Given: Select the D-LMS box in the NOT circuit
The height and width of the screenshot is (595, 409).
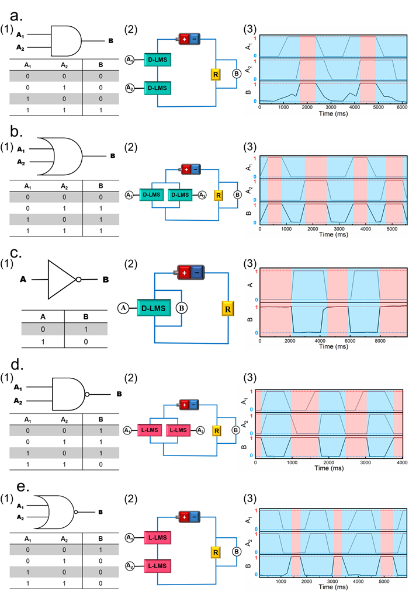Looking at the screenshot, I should [x=153, y=307].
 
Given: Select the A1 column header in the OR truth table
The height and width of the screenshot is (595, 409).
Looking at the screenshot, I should [x=27, y=186].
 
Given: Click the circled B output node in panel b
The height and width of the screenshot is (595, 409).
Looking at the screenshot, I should [x=237, y=194].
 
